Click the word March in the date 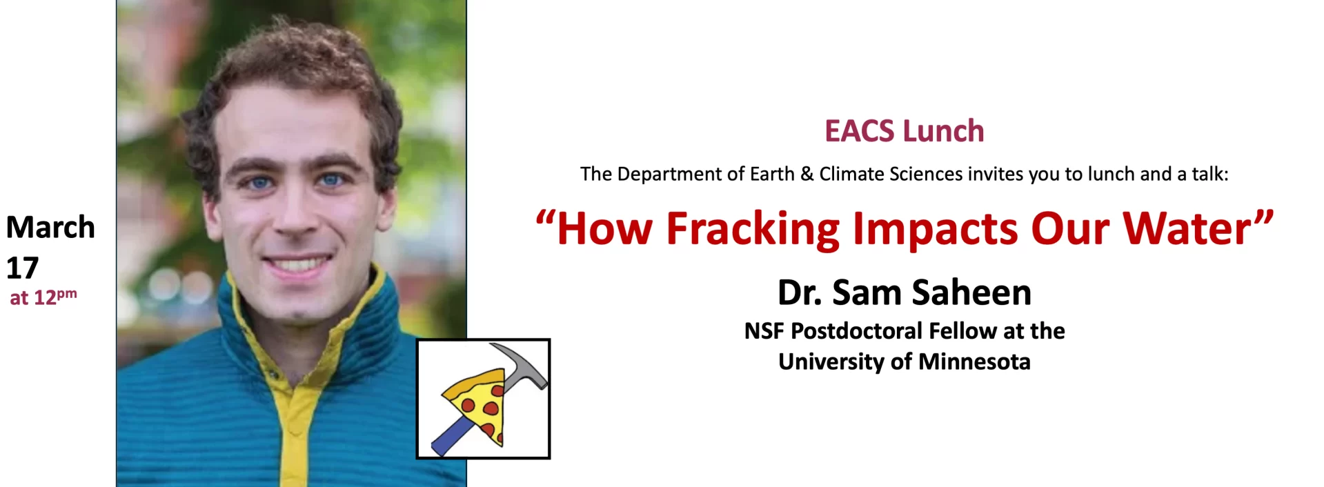[x=50, y=227]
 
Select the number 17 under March [x=22, y=268]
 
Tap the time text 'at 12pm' [x=43, y=297]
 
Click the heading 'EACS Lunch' [x=904, y=131]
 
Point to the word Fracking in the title [x=753, y=229]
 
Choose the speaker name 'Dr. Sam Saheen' [x=904, y=292]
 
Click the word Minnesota [x=974, y=361]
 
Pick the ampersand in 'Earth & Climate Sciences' [x=807, y=174]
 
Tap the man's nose [x=295, y=215]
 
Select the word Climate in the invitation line [x=852, y=174]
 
